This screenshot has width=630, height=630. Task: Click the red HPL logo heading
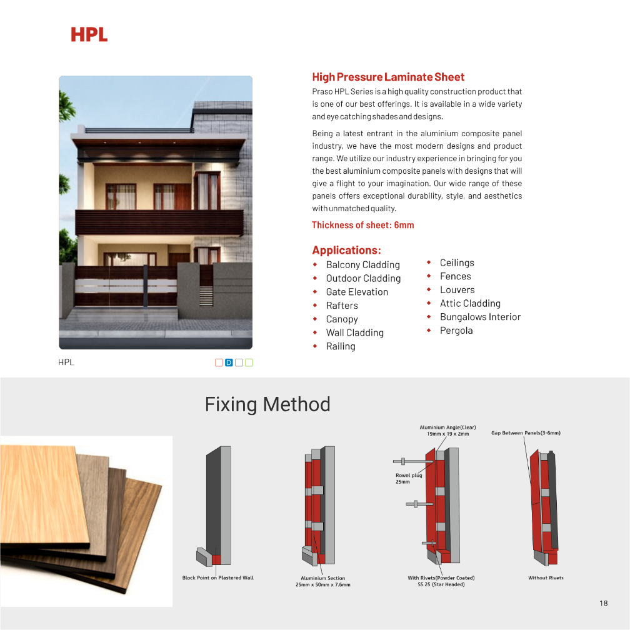(89, 34)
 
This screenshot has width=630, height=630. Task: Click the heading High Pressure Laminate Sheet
(388, 77)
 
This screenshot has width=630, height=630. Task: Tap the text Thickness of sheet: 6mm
(362, 225)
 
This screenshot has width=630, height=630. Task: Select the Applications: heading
(346, 250)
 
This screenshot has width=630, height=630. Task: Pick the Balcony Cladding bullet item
(362, 265)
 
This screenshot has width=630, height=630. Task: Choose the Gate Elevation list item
(357, 292)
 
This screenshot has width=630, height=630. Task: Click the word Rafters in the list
(342, 306)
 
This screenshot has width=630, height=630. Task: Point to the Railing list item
(341, 346)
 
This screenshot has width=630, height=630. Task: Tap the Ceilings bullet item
(457, 263)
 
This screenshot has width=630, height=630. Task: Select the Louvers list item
(457, 290)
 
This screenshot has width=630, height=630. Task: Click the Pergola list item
(456, 331)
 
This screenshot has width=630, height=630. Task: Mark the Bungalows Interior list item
(480, 317)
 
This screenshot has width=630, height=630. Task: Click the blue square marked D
(229, 362)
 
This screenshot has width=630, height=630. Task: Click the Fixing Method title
(267, 404)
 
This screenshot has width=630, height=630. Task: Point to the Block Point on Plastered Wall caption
(218, 577)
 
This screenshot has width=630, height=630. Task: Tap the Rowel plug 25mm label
(409, 479)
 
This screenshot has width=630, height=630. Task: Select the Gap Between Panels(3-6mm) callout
(526, 432)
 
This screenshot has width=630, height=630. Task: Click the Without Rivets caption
(546, 577)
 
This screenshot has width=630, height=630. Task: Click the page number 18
(603, 603)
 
